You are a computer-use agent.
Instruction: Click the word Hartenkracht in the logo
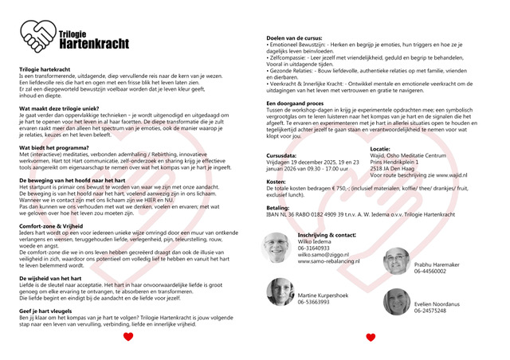(x=92, y=42)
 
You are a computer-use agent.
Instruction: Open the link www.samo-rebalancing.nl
(x=328, y=261)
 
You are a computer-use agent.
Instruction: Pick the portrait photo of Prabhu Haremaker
(x=396, y=261)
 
